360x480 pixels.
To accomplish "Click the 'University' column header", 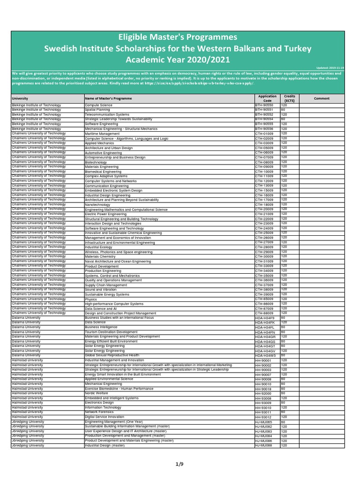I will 20,98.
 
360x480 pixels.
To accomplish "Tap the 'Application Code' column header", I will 267,98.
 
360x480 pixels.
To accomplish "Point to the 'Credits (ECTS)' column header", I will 290,98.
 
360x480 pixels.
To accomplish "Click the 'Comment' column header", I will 322,98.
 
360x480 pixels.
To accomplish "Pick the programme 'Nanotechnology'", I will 97,204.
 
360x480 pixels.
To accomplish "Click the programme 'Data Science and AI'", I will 101,308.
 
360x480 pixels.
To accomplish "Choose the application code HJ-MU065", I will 263,422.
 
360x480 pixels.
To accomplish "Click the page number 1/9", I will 180,464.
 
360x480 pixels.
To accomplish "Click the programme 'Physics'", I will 91,299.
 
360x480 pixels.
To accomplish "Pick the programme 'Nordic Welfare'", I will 97,393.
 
